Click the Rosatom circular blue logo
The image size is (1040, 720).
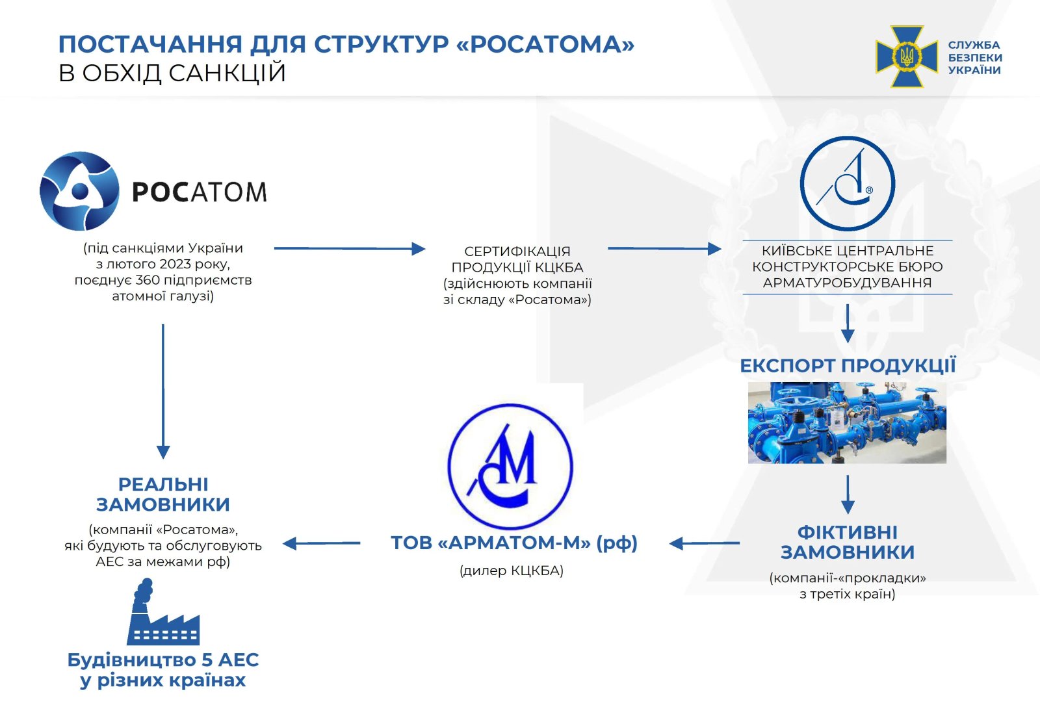pyautogui.click(x=79, y=191)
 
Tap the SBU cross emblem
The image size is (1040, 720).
pyautogui.click(x=906, y=57)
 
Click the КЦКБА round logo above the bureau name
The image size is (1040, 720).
pyautogui.click(x=847, y=183)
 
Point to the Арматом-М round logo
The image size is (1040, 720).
pyautogui.click(x=511, y=466)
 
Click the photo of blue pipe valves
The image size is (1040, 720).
pyautogui.click(x=847, y=422)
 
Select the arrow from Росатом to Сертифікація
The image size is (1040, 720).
pyautogui.click(x=349, y=248)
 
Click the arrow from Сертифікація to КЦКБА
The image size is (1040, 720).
pyautogui.click(x=664, y=248)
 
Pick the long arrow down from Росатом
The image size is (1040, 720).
pyautogui.click(x=163, y=390)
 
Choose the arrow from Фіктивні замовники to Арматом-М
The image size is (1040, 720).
pyautogui.click(x=705, y=543)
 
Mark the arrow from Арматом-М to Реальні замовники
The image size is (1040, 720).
pyautogui.click(x=322, y=543)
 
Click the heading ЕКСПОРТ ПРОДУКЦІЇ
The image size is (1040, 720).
pyautogui.click(x=848, y=365)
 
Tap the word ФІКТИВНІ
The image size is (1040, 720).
pyautogui.click(x=848, y=532)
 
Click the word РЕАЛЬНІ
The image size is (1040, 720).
pyautogui.click(x=163, y=484)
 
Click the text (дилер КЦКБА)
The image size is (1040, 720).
pyautogui.click(x=512, y=571)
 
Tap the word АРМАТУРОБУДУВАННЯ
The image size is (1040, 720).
pyautogui.click(x=847, y=283)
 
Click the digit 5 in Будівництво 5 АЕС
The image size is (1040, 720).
pyautogui.click(x=207, y=660)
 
